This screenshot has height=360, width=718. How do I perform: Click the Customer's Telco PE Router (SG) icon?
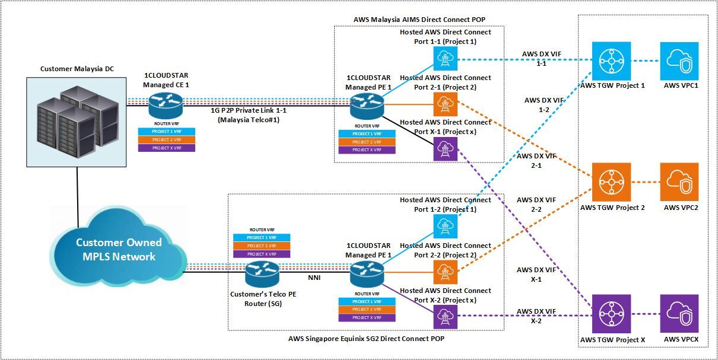click(262, 273)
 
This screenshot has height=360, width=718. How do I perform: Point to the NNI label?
click(314, 276)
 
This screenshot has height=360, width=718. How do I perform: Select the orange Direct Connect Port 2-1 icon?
click(443, 105)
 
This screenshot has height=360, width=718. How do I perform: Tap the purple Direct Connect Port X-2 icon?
click(443, 318)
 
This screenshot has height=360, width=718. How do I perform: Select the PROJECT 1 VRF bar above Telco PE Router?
click(262, 237)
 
